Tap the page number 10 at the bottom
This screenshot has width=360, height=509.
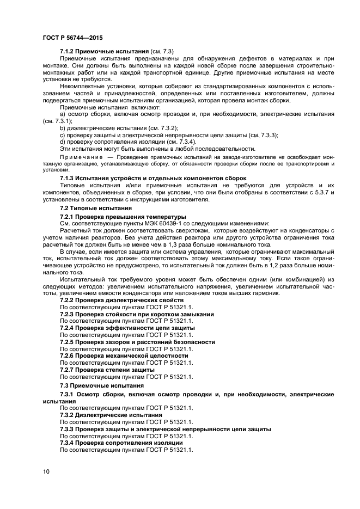46,471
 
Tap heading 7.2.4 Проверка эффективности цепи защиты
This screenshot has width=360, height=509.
127,328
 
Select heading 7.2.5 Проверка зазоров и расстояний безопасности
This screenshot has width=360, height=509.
137,342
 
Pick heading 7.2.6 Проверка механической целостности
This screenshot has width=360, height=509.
124,355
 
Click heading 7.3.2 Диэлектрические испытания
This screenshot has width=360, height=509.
107,414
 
